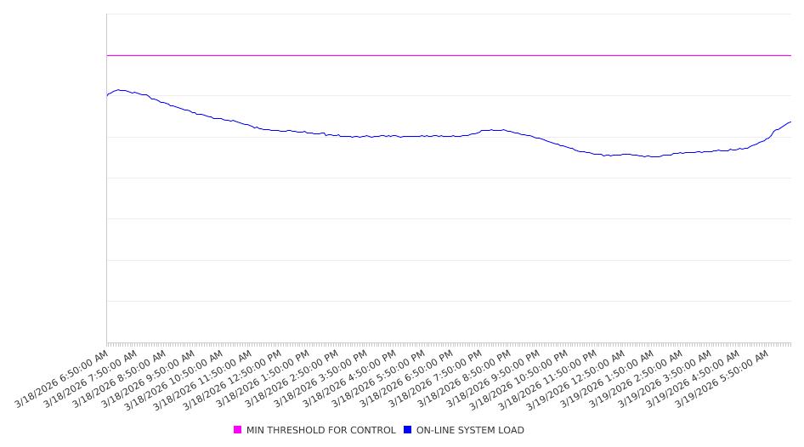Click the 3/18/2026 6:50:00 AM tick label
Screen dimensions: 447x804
point(62,378)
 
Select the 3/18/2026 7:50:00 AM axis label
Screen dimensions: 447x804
point(91,378)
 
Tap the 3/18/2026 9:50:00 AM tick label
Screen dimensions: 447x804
point(149,378)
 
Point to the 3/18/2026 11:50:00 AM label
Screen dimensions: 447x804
point(206,378)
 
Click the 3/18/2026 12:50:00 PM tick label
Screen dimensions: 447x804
point(235,378)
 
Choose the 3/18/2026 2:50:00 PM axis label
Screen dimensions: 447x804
point(292,378)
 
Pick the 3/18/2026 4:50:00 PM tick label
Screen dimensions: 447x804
point(350,378)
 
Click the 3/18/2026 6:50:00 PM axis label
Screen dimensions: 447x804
point(407,378)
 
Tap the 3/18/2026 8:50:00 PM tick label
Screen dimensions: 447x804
point(465,378)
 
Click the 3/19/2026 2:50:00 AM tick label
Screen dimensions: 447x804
point(637,378)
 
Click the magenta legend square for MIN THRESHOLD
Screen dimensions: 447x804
point(238,430)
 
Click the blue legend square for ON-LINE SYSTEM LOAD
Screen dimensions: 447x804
point(408,430)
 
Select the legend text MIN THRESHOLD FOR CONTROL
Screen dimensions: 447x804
point(320,431)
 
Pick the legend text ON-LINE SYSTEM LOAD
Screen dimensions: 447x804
point(470,431)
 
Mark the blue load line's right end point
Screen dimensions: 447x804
point(790,122)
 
